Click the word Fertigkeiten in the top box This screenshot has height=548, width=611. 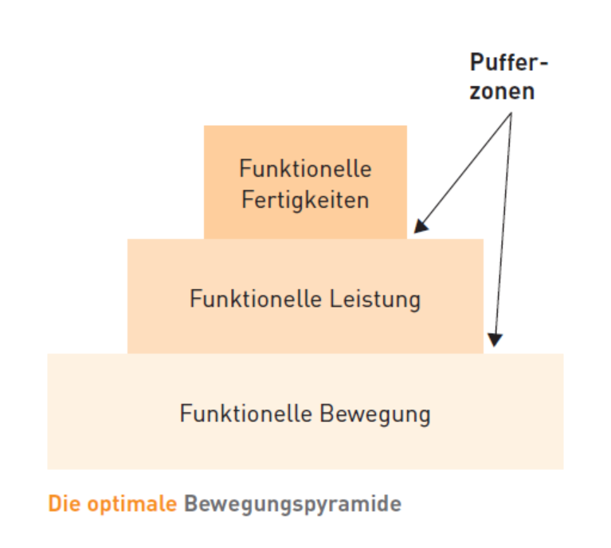point(305,198)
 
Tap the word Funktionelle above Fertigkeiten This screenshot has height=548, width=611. point(305,169)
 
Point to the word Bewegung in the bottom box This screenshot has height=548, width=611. point(374,414)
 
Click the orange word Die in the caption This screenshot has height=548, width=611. point(61,504)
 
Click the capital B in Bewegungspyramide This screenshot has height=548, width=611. point(190,504)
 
